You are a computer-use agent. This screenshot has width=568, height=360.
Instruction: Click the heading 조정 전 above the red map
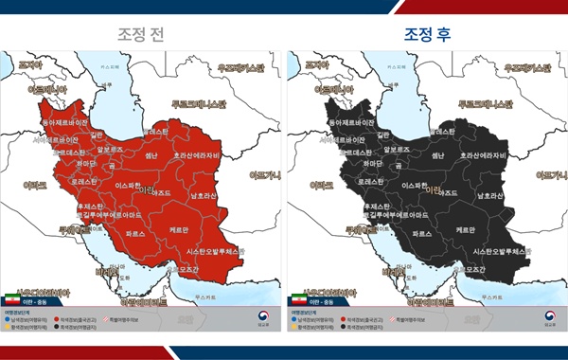coord(139,34)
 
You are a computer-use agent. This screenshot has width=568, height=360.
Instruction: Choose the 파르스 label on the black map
coord(421,232)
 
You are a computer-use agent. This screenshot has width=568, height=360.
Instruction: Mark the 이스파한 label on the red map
coord(131,187)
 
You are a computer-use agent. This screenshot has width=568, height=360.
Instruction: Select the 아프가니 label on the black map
coord(549,174)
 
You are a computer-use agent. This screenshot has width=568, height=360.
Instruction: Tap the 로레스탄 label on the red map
coord(85,180)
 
